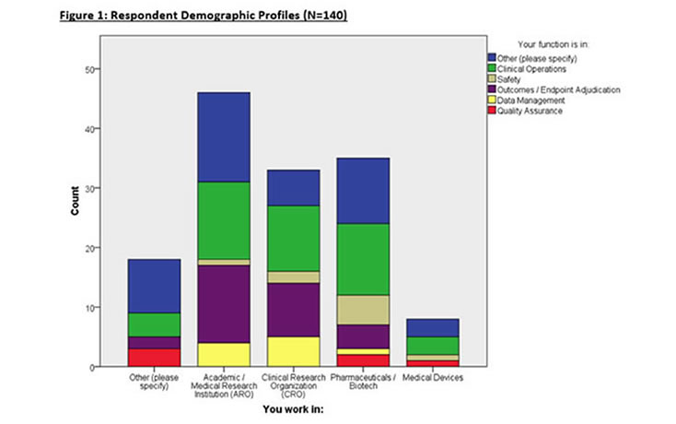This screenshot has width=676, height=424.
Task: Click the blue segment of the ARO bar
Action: point(224,137)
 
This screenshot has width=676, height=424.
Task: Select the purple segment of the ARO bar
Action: point(224,304)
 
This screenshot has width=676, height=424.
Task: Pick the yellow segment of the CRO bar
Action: point(294,351)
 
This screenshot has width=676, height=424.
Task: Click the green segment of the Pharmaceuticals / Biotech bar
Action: point(364,259)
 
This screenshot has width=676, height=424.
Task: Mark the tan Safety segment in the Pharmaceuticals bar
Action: point(364,310)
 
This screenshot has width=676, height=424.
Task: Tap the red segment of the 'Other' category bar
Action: point(154,357)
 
